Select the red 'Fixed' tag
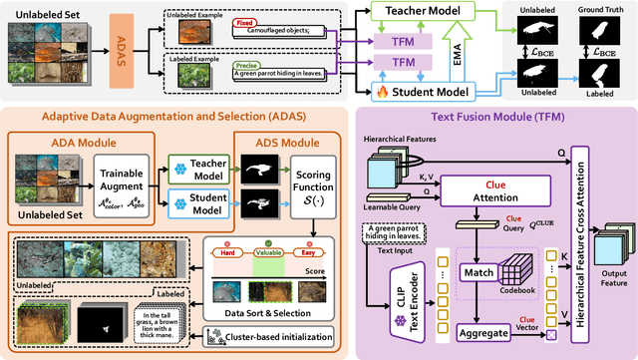(x=241, y=20)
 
